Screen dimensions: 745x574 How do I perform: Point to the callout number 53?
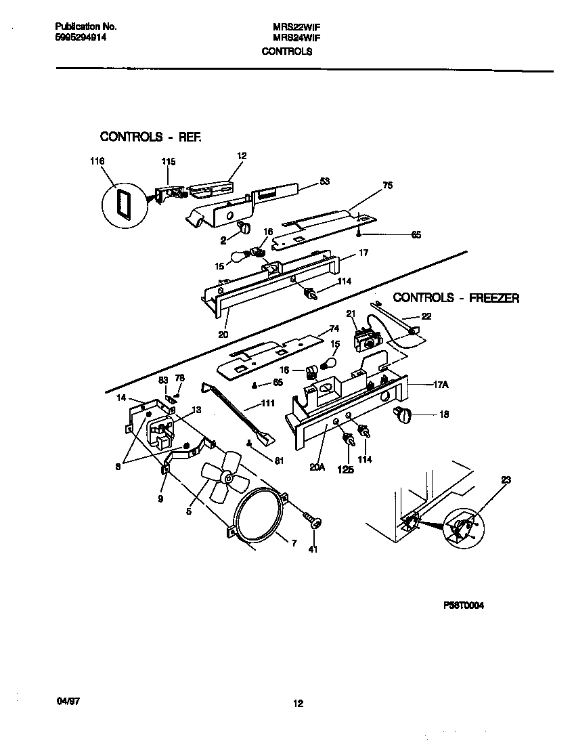[324, 181]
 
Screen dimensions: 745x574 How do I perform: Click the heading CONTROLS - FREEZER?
[456, 298]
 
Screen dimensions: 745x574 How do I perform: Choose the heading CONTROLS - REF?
[151, 137]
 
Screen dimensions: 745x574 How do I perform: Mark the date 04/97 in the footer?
[65, 703]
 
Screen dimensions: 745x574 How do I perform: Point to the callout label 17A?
[440, 385]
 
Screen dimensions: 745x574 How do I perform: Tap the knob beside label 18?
[403, 415]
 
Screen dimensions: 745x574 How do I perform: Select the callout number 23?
[506, 480]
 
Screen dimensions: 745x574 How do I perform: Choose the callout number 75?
[387, 185]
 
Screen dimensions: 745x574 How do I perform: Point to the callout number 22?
[426, 316]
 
